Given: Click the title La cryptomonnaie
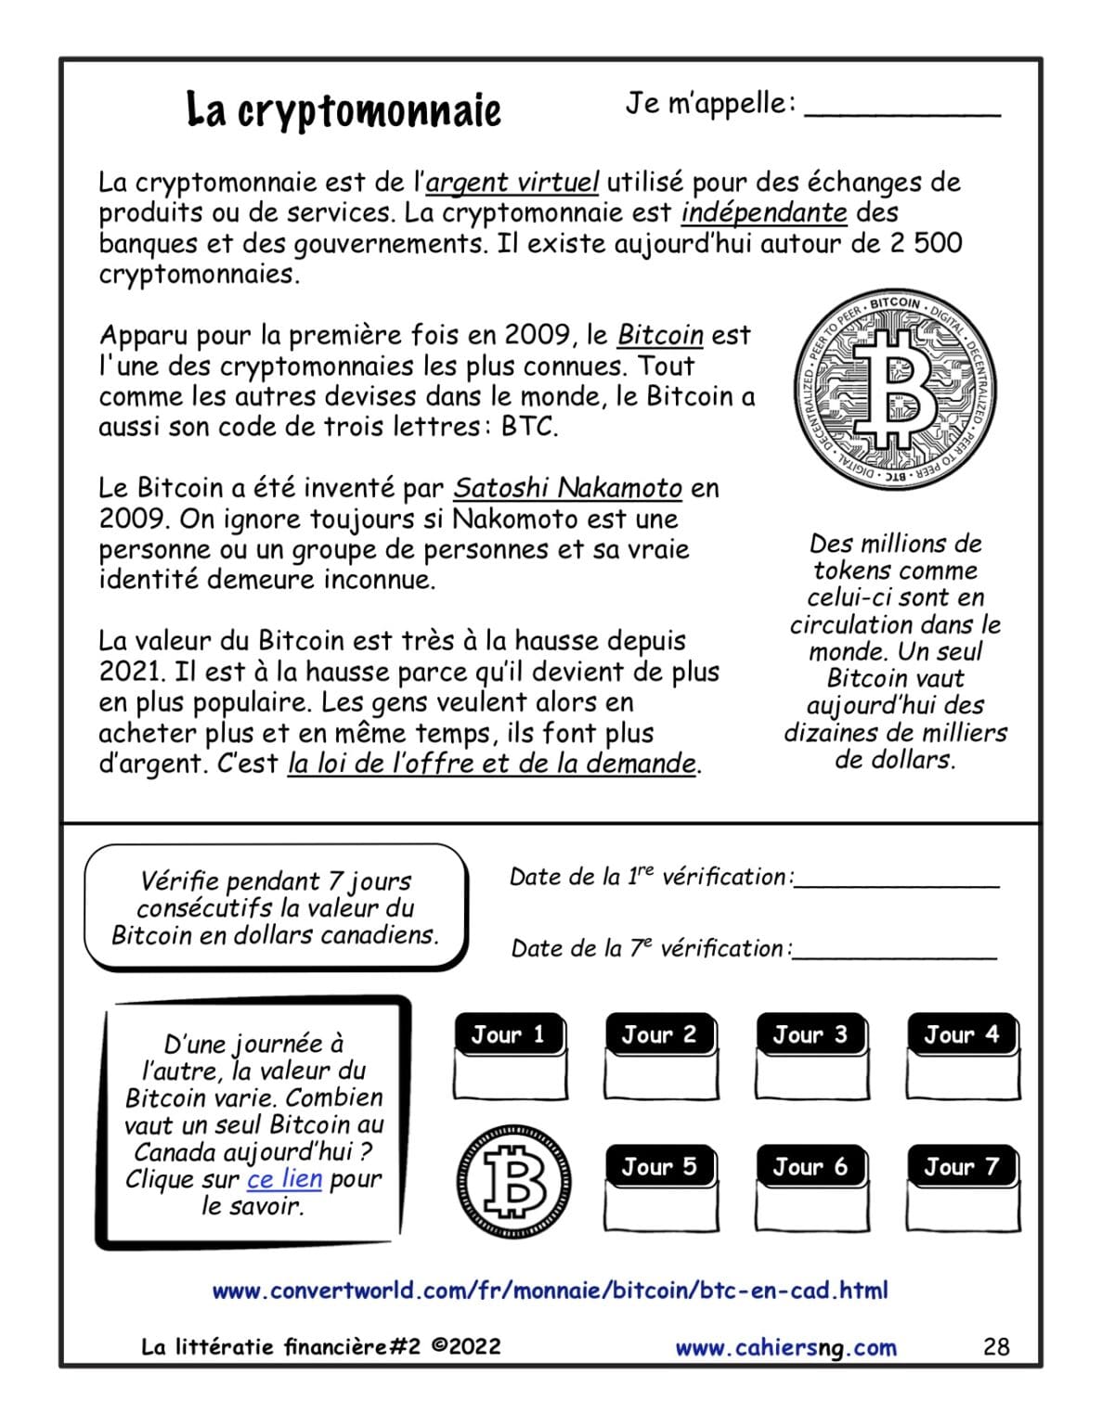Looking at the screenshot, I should click(x=344, y=109).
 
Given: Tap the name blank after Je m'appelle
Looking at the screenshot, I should click(x=901, y=107).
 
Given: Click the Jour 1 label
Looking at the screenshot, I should click(x=509, y=1034).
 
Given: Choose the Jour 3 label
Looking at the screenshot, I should click(x=810, y=1034).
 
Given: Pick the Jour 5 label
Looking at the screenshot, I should click(x=660, y=1166).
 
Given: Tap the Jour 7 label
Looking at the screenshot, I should click(x=962, y=1166).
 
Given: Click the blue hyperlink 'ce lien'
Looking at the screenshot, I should click(x=284, y=1178).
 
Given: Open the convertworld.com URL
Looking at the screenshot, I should click(x=550, y=1290).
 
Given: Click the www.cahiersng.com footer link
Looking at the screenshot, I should click(x=785, y=1347).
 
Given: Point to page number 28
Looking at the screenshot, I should click(x=995, y=1347).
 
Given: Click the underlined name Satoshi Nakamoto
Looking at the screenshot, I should click(x=567, y=488).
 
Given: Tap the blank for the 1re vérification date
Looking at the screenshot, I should click(x=896, y=877).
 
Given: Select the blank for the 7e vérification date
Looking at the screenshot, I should click(x=894, y=948).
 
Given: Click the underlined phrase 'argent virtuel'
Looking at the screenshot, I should click(x=512, y=182).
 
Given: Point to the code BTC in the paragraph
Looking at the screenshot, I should click(x=528, y=427).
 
